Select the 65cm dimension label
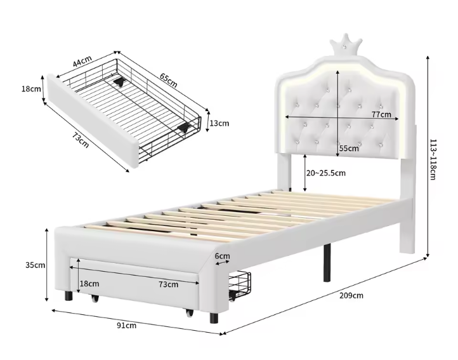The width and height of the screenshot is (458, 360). (168, 80)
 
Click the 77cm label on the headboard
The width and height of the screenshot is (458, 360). (381, 114)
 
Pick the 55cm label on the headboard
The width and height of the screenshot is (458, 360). (349, 149)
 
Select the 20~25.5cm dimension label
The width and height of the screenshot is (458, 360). (326, 173)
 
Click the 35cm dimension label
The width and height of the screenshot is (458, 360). (35, 265)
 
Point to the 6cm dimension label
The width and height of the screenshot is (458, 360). (222, 257)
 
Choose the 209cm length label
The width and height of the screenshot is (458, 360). (351, 295)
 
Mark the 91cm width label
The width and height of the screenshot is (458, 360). (127, 326)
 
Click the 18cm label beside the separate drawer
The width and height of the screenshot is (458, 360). (31, 89)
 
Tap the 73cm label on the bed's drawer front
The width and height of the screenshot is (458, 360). (169, 284)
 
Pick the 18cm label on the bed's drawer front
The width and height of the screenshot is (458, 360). (89, 283)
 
